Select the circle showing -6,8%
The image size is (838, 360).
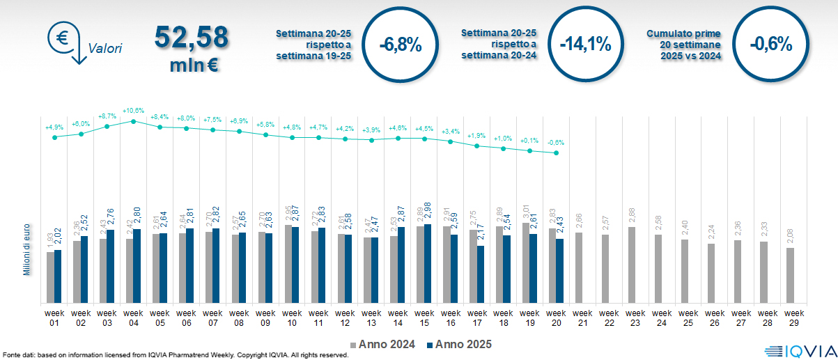[401, 45]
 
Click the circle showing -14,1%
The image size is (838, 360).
[585, 45]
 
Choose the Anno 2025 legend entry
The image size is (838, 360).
[459, 344]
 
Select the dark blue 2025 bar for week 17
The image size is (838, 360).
[481, 274]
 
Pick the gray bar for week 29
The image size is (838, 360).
[790, 276]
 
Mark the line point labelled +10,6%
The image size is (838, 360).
[134, 121]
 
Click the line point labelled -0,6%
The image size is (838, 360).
[556, 153]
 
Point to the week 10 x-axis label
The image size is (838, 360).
[292, 318]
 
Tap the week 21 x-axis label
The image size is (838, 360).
[582, 318]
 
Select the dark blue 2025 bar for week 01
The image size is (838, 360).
[58, 276]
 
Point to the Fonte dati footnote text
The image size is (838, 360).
[174, 355]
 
